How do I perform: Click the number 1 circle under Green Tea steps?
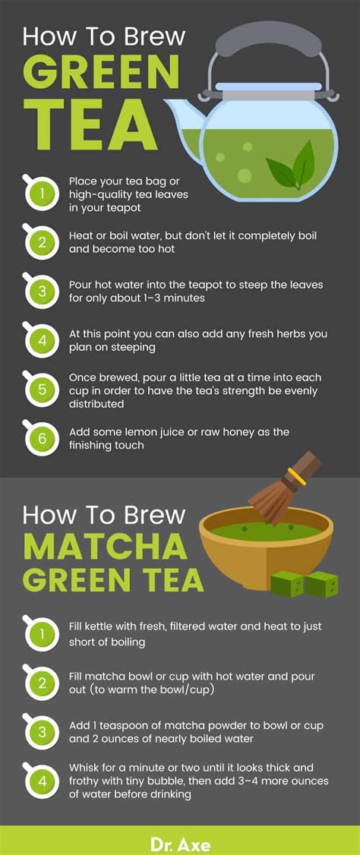click(x=42, y=193)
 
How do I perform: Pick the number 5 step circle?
click(x=42, y=390)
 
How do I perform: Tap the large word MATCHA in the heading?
click(x=105, y=547)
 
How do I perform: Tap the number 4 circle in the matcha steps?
click(x=42, y=781)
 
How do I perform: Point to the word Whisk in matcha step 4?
click(x=85, y=768)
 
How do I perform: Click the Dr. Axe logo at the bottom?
click(x=180, y=844)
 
